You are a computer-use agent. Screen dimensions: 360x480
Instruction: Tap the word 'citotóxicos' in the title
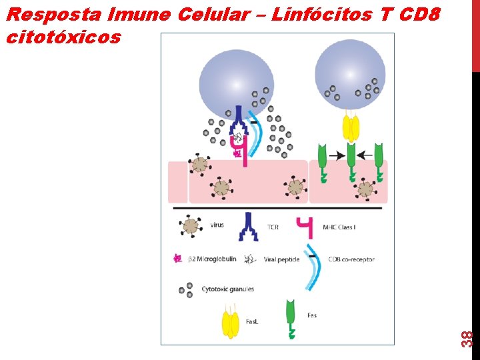point(63,37)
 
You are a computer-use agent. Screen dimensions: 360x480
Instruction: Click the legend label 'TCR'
point(273,227)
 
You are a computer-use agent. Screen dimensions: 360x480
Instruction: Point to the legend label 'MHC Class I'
point(339,227)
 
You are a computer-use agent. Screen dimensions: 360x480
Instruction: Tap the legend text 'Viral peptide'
point(281,259)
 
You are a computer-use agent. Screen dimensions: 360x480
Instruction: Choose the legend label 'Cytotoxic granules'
point(227,289)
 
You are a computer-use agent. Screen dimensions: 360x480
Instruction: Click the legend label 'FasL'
point(252,321)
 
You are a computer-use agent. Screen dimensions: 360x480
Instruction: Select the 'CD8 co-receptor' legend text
point(351,259)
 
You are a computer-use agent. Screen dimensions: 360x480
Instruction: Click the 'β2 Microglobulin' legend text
point(212,259)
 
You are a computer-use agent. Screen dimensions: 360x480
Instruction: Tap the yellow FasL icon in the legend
point(230,325)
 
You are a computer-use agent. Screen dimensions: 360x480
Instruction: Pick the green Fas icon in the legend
point(291,319)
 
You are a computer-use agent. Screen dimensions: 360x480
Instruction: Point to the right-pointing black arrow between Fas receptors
point(337,155)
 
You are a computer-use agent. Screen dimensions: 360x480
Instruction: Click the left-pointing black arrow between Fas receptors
point(364,155)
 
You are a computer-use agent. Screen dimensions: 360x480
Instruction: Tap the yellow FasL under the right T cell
point(351,127)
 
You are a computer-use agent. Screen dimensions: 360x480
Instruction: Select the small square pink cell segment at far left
point(177,181)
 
